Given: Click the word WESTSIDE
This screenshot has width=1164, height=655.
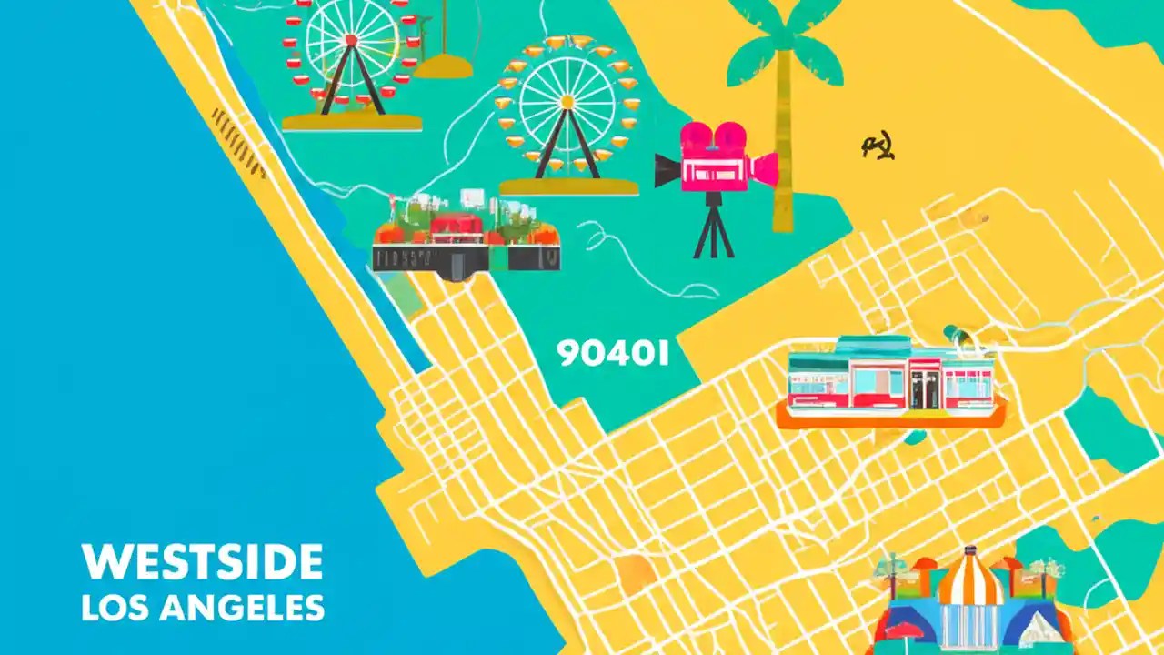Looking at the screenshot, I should click(202, 562).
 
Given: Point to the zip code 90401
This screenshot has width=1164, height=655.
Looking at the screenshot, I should click(612, 354).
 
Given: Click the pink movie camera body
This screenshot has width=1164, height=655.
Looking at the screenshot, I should click(714, 169).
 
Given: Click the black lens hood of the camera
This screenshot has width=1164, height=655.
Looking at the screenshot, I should click(667, 170).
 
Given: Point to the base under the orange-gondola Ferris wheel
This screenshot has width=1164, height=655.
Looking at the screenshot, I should click(567, 186).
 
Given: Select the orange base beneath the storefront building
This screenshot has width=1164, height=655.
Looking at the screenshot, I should click(891, 418).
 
